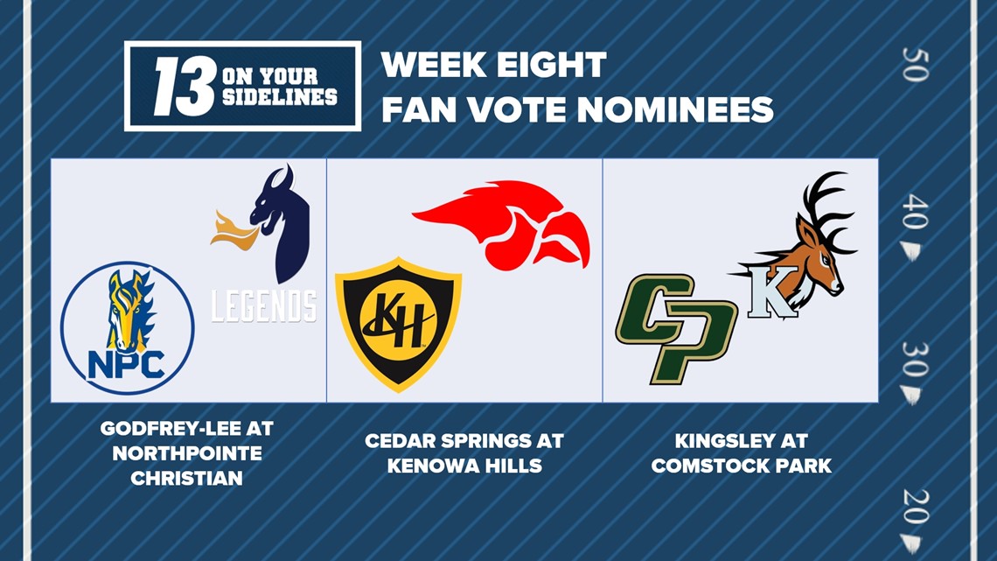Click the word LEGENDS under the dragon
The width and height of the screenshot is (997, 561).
coord(263,305)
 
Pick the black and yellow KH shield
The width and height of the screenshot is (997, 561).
coord(399,323)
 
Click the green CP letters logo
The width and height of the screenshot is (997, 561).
coord(674,326)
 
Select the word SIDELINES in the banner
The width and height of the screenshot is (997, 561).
coord(279,96)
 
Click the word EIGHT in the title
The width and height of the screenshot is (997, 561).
coord(555,66)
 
